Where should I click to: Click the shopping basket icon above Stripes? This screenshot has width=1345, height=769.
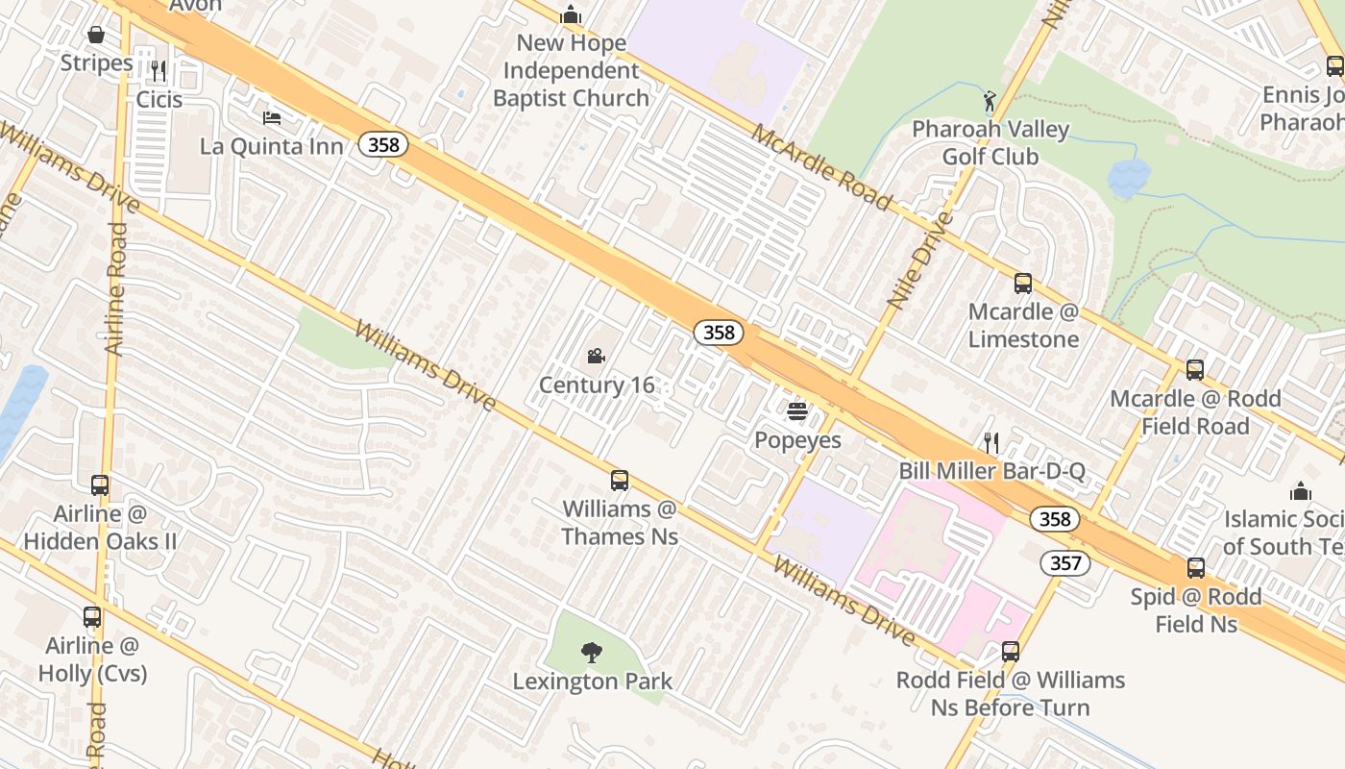pyautogui.click(x=96, y=36)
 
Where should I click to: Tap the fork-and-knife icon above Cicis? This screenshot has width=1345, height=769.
pyautogui.click(x=159, y=70)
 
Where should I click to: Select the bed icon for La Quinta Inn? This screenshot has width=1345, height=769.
pyautogui.click(x=272, y=118)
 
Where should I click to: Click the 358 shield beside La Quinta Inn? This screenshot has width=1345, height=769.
pyautogui.click(x=384, y=145)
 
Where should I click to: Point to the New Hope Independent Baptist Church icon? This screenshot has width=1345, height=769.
pyautogui.click(x=571, y=15)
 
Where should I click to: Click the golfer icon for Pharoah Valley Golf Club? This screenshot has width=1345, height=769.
pyautogui.click(x=990, y=100)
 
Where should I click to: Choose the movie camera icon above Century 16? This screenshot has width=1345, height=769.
pyautogui.click(x=596, y=357)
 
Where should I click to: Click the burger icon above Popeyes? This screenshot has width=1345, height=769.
pyautogui.click(x=796, y=411)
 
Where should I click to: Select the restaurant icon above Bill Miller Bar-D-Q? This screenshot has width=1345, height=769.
pyautogui.click(x=991, y=442)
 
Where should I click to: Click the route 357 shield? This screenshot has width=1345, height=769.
pyautogui.click(x=1065, y=562)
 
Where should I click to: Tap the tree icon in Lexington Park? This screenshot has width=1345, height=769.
pyautogui.click(x=592, y=653)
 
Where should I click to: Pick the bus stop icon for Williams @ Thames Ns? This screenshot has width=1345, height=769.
pyautogui.click(x=620, y=481)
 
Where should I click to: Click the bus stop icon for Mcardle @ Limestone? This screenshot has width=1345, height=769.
pyautogui.click(x=1023, y=284)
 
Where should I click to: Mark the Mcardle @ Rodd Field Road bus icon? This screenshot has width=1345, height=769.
pyautogui.click(x=1195, y=370)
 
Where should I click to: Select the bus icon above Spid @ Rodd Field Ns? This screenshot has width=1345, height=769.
pyautogui.click(x=1196, y=568)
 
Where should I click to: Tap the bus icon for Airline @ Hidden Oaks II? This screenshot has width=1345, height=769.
pyautogui.click(x=100, y=485)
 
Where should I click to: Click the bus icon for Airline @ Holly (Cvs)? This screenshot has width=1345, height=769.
pyautogui.click(x=92, y=617)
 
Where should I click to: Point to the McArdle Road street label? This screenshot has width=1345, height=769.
pyautogui.click(x=821, y=166)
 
